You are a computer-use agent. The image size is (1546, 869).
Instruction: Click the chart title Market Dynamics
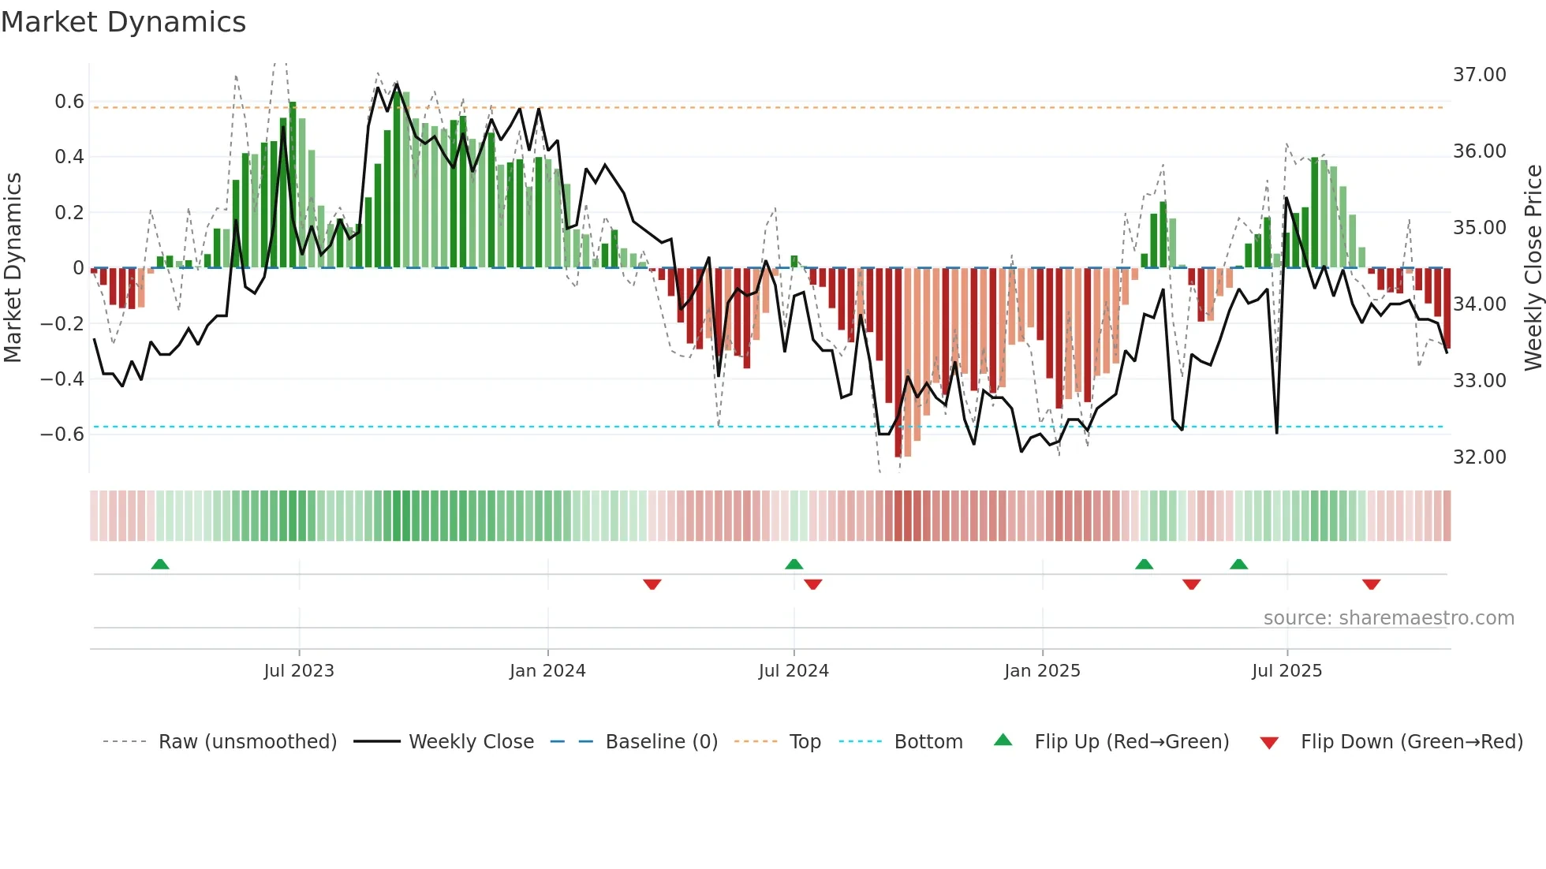[124, 22]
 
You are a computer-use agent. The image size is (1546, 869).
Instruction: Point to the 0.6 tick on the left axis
[69, 102]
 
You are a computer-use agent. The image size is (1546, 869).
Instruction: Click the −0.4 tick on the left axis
[62, 379]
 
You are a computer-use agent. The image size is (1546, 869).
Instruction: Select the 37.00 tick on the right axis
[1479, 75]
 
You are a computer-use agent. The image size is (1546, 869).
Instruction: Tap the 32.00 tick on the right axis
[1479, 457]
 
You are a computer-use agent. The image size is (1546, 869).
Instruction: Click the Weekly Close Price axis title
[1533, 267]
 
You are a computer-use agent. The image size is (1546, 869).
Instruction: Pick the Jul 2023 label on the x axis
[299, 671]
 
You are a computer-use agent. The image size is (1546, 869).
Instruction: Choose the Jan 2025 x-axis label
[1042, 671]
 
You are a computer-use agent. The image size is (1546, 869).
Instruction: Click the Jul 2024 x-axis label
[794, 671]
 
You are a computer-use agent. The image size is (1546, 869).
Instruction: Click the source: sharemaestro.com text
[1388, 618]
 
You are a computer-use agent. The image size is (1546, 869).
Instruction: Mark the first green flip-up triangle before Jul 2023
[160, 565]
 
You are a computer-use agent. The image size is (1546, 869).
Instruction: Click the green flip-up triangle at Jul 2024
[794, 565]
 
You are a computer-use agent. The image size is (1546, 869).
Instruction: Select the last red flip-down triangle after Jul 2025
[1371, 584]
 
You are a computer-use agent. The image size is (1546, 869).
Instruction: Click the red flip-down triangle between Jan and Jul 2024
[652, 584]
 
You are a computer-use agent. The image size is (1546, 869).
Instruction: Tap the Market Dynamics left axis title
[13, 267]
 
